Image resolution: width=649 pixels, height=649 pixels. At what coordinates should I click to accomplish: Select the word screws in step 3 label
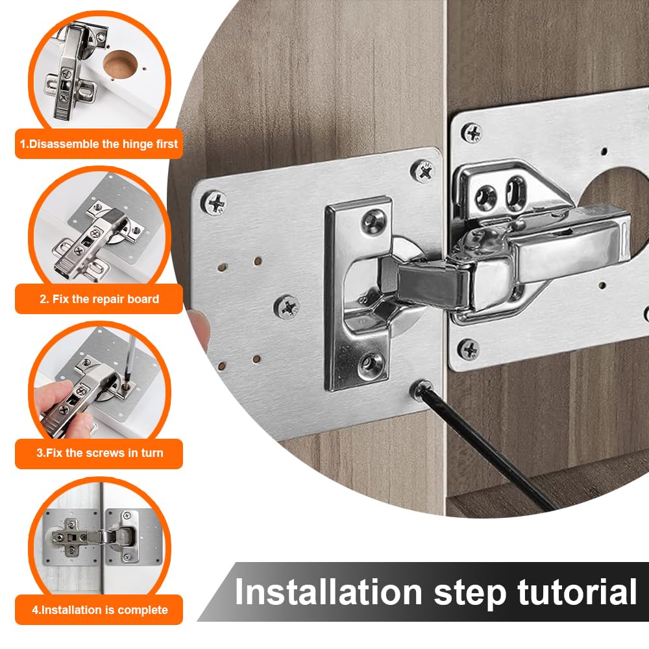[101, 453]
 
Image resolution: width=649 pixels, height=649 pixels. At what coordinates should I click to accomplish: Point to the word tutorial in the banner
[578, 592]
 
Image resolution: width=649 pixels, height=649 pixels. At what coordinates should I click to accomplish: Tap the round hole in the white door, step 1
[120, 64]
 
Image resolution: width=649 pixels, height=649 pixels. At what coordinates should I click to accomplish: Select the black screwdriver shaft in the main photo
[489, 449]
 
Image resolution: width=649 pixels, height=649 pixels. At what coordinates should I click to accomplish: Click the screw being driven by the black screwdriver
[419, 389]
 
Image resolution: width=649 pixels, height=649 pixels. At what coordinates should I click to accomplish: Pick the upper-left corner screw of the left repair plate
[215, 202]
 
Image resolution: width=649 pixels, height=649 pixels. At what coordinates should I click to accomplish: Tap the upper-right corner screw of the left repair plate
[423, 171]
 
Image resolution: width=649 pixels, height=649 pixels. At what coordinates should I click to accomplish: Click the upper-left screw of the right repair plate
[472, 133]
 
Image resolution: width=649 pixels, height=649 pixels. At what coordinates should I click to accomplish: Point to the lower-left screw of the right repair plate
[469, 349]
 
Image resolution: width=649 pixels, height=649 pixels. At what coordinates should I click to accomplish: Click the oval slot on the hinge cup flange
[516, 193]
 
